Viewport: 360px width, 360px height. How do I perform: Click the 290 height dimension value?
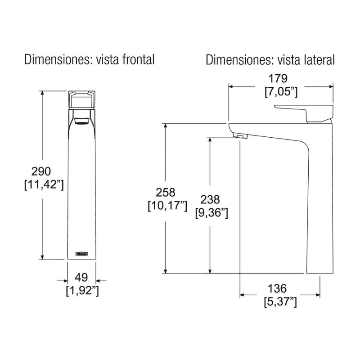click(41, 171)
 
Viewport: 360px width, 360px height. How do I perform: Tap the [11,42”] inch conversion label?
click(44, 184)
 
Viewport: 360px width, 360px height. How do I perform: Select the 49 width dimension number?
click(81, 278)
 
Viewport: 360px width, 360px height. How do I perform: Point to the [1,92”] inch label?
click(82, 291)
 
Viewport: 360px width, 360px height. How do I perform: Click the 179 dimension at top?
click(278, 79)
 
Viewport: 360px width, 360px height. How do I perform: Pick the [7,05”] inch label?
click(281, 92)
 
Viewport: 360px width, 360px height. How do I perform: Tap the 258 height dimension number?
click(166, 193)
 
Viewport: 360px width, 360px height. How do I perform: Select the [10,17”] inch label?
click(167, 206)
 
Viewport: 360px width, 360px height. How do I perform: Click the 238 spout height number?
click(210, 200)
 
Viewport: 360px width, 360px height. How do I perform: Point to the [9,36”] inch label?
click(211, 213)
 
